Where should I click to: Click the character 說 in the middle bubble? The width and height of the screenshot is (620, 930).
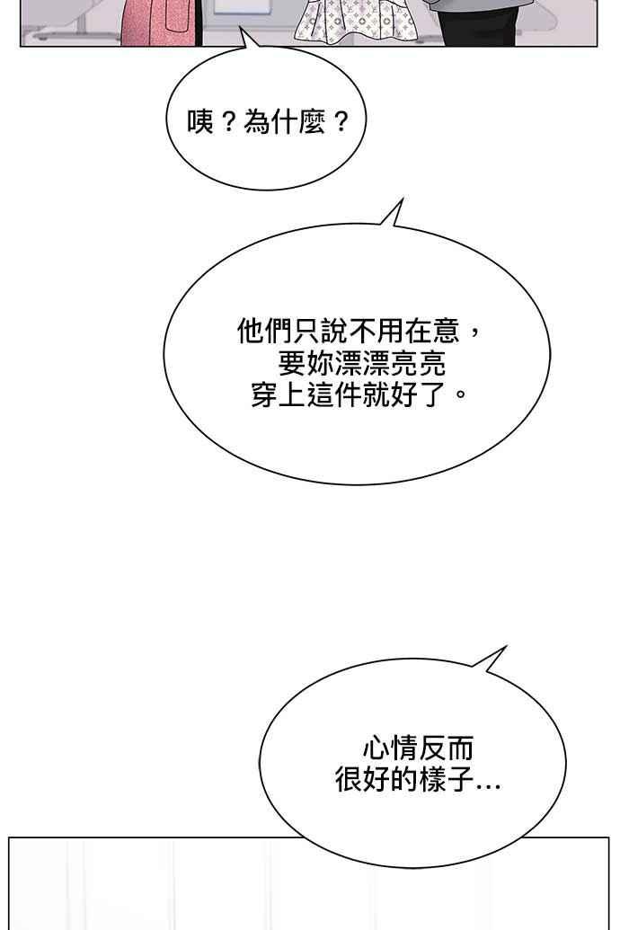click(x=335, y=331)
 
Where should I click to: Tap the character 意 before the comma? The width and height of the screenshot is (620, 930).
click(x=447, y=331)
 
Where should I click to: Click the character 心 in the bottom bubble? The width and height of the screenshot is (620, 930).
click(x=376, y=748)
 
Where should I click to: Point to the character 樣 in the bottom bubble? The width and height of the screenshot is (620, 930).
click(x=432, y=779)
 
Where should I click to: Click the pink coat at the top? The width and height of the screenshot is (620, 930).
click(x=162, y=22)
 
